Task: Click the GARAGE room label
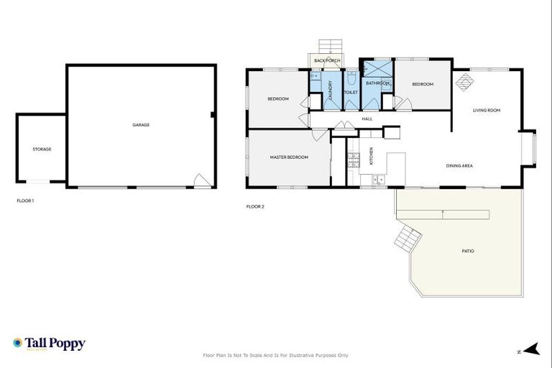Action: (x=141, y=125)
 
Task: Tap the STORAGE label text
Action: (x=42, y=149)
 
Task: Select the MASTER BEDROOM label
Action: (x=289, y=157)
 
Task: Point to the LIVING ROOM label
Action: (x=486, y=110)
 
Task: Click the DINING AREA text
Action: (x=459, y=166)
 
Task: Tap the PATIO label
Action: (x=468, y=251)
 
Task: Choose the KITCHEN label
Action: (x=372, y=156)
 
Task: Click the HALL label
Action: (x=367, y=119)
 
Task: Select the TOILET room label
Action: (x=351, y=93)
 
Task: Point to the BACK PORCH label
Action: (x=327, y=60)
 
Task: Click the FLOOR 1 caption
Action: (x=25, y=201)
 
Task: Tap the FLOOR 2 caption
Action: (x=255, y=206)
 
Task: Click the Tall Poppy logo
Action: (x=49, y=344)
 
